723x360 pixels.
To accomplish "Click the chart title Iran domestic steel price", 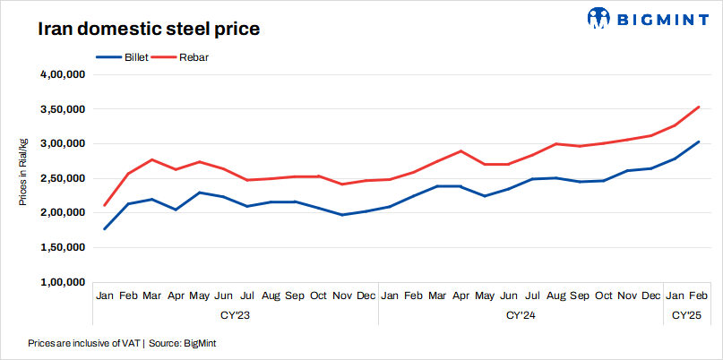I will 148,29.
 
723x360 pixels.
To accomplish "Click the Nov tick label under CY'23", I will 342,296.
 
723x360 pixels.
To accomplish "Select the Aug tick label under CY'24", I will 556,296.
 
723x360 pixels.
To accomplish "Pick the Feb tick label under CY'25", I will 699,296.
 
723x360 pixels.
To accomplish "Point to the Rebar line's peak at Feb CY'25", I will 699,107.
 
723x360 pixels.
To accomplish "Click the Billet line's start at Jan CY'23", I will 105,229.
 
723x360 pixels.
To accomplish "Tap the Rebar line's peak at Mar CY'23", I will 152,159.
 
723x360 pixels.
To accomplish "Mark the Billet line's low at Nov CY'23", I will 342,215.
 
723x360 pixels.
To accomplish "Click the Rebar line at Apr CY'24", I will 461,151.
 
